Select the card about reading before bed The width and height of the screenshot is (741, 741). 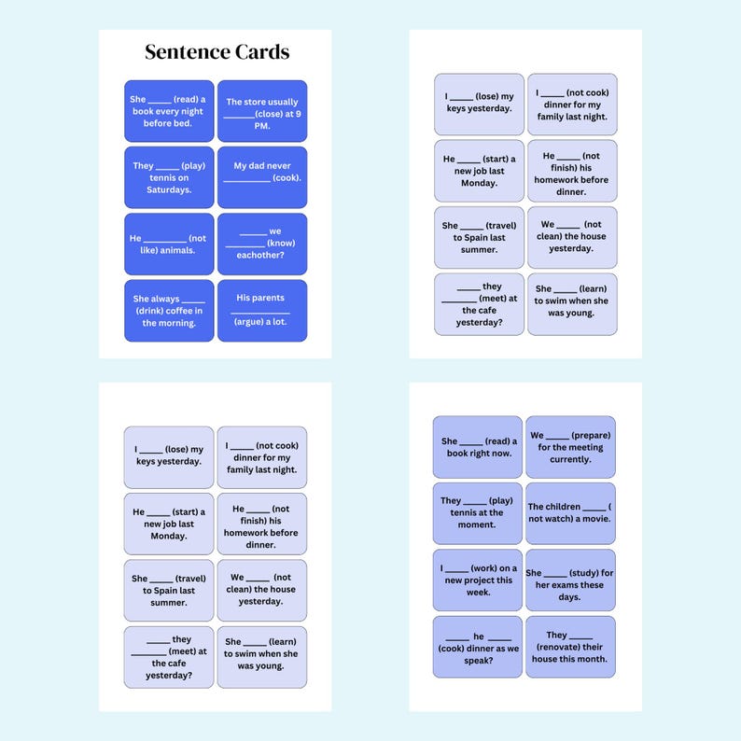[169, 111]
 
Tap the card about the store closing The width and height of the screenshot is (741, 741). [262, 111]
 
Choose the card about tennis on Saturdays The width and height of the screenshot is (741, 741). [169, 177]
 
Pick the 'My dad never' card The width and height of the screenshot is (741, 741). [262, 177]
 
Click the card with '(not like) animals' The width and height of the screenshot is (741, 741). [169, 244]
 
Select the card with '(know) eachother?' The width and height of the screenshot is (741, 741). [262, 244]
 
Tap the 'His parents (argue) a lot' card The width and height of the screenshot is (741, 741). [262, 310]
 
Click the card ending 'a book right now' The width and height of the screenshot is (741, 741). [477, 447]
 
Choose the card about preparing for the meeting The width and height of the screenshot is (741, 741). [570, 447]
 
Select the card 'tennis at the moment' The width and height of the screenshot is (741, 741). [477, 513]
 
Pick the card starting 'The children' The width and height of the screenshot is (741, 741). [570, 513]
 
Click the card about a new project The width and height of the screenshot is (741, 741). [477, 580]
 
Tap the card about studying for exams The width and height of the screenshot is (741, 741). [570, 580]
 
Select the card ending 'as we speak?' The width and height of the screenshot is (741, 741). [477, 647]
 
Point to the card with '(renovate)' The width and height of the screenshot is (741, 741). [570, 647]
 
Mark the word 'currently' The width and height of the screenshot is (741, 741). [570, 459]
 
